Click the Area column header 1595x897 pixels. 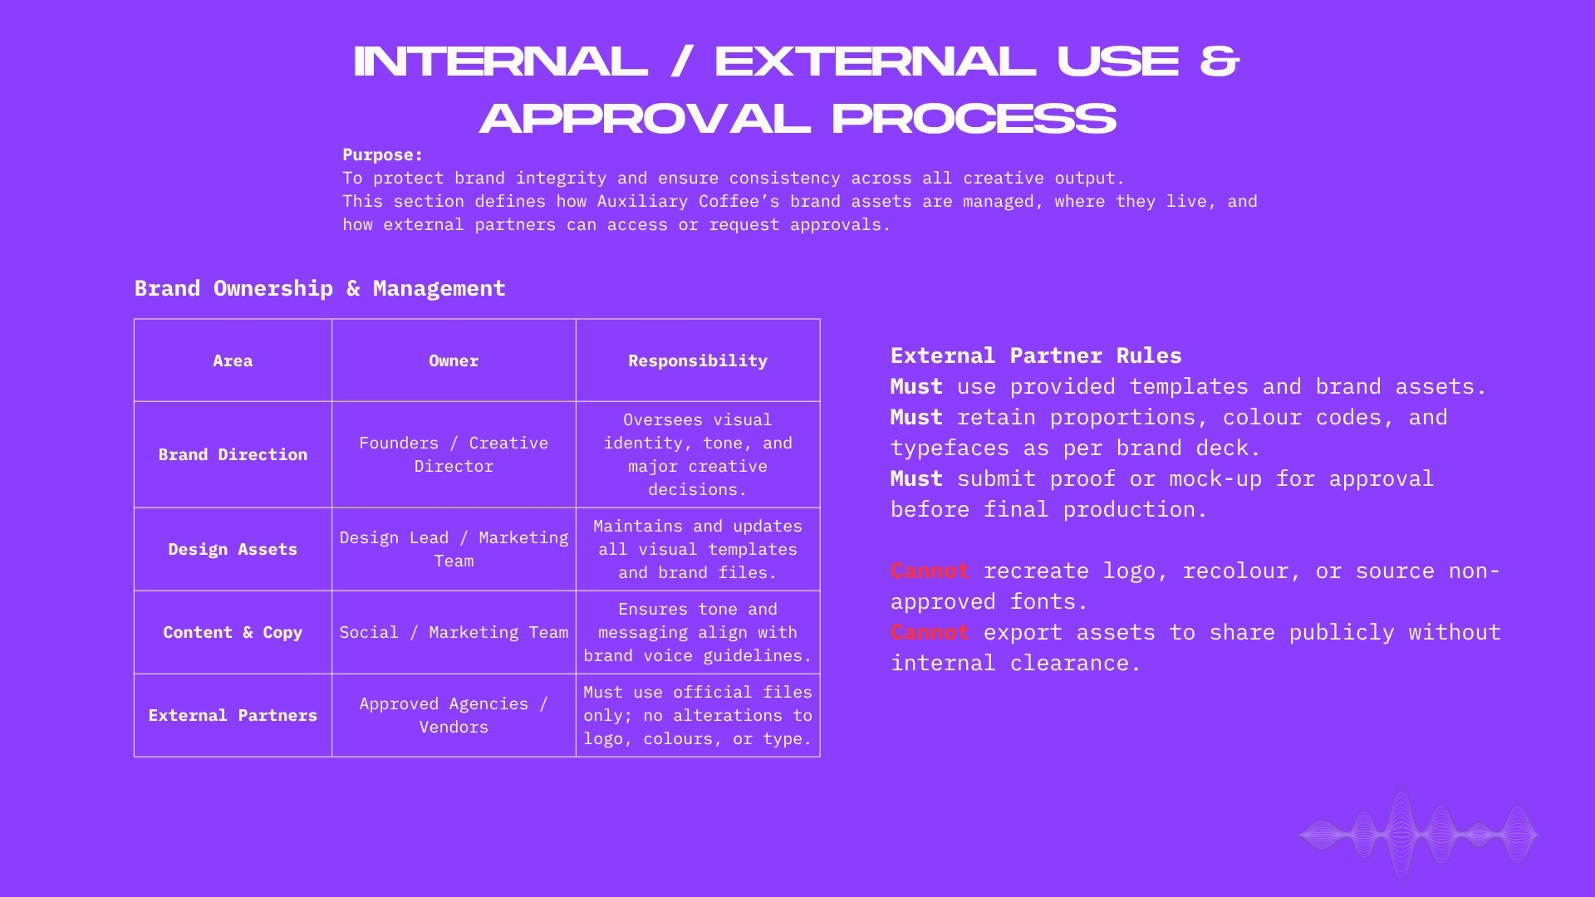click(233, 361)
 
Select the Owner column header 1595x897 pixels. click(454, 361)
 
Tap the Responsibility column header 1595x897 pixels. click(698, 361)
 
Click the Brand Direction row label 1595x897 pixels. click(233, 455)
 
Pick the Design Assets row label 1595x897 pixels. click(233, 550)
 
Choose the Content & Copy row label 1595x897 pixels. click(233, 633)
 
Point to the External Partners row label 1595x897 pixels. click(233, 716)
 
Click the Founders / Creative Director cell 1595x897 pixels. click(454, 455)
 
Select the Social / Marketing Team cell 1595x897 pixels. click(454, 633)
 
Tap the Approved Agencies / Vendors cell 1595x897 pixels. click(454, 716)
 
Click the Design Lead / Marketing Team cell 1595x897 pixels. click(454, 550)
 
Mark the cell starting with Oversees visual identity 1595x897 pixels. click(698, 455)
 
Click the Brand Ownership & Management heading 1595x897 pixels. click(320, 289)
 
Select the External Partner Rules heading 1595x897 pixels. click(1036, 356)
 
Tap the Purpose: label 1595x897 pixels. click(383, 155)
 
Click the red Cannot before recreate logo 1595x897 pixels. click(930, 571)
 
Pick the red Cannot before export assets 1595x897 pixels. click(930, 633)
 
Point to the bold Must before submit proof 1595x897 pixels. click(916, 479)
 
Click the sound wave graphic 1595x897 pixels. click(1418, 835)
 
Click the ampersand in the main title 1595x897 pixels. click(1220, 61)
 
